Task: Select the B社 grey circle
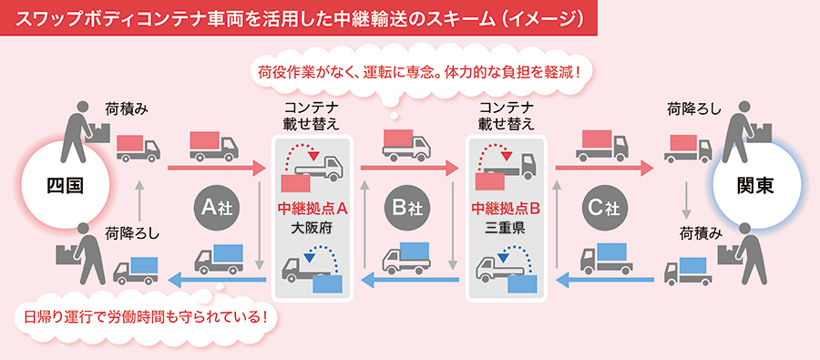pos(407,208)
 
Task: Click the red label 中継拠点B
pos(507,208)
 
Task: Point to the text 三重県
pos(507,227)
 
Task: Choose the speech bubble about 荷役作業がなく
pos(419,70)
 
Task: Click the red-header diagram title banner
pos(300,16)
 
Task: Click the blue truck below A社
pos(216,259)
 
